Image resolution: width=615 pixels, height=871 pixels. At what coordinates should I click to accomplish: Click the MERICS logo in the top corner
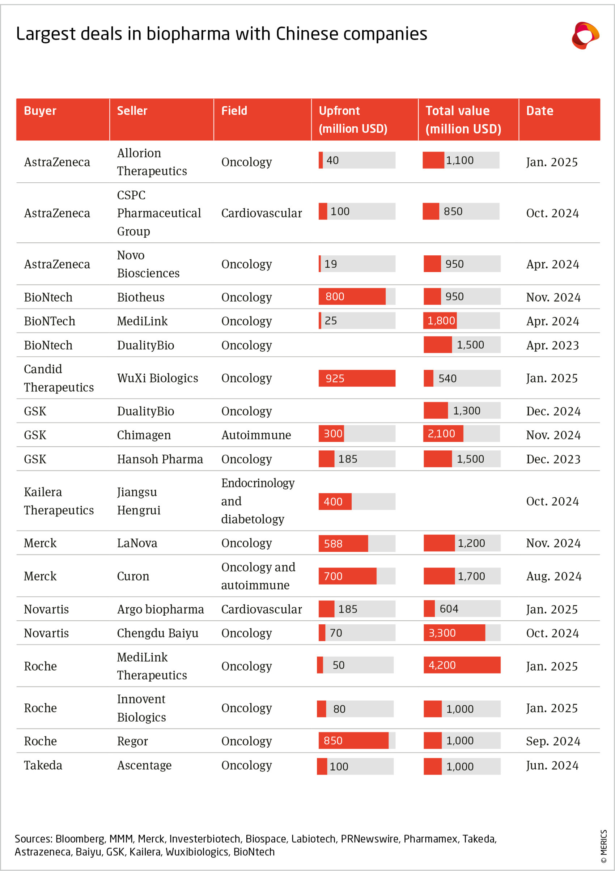click(x=585, y=36)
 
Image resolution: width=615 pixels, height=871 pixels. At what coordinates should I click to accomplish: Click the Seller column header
click(x=132, y=111)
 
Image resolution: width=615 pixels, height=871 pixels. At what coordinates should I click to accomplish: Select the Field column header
click(x=234, y=111)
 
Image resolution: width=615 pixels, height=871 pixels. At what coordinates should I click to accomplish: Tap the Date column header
click(x=539, y=111)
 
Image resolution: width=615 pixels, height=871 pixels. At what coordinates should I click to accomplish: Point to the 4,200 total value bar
click(x=462, y=665)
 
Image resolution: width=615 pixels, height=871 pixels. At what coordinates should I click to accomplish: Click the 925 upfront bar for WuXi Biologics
click(x=357, y=378)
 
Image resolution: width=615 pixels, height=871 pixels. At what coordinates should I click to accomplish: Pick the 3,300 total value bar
click(x=454, y=633)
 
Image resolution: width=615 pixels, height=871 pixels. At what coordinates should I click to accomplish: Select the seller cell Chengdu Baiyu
click(x=157, y=633)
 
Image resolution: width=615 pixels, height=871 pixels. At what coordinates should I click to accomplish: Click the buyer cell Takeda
click(x=43, y=765)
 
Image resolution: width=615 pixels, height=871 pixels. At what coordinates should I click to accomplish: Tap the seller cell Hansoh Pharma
click(x=160, y=459)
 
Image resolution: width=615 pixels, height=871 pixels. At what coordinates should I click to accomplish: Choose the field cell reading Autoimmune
click(x=256, y=435)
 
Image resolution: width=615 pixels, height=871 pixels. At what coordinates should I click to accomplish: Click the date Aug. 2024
click(x=553, y=576)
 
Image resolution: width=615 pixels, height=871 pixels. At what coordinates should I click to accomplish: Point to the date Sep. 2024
click(x=553, y=741)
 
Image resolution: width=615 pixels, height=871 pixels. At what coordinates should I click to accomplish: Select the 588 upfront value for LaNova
click(x=333, y=544)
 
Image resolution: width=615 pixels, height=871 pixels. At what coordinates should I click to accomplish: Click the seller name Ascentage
click(x=144, y=765)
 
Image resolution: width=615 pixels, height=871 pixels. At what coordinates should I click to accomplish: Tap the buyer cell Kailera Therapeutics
click(x=59, y=501)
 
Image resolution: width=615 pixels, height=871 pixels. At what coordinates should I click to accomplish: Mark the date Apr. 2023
click(x=552, y=345)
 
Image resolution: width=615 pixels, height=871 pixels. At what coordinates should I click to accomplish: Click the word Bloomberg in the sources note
click(x=80, y=839)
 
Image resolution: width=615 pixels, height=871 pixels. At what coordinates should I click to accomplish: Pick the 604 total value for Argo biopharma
click(x=449, y=609)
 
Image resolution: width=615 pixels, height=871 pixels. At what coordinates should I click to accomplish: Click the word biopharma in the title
click(x=188, y=34)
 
